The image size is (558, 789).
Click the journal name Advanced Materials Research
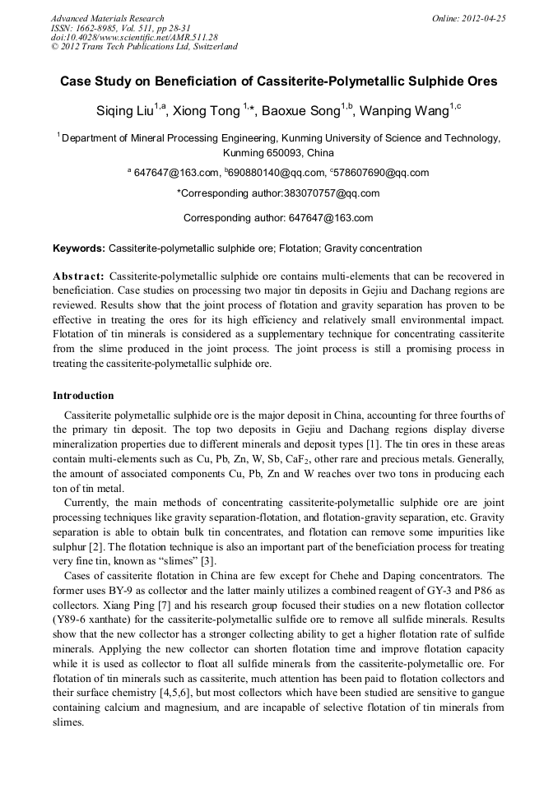107,18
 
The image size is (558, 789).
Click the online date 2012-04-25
489,18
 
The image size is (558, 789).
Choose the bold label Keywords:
79,248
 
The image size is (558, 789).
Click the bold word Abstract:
78,276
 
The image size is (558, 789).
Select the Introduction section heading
83,396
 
